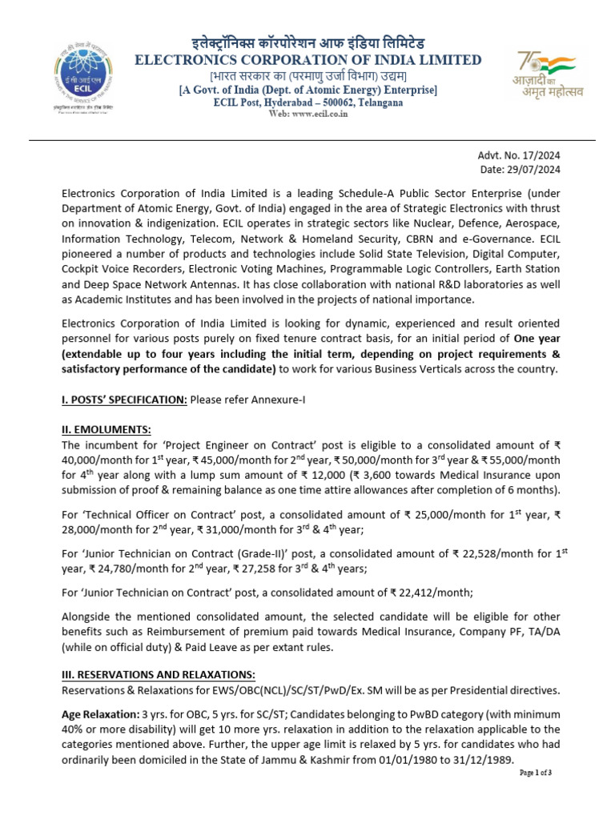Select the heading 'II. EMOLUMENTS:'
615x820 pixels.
pyautogui.click(x=106, y=430)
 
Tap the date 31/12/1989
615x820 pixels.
pyautogui.click(x=478, y=760)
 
